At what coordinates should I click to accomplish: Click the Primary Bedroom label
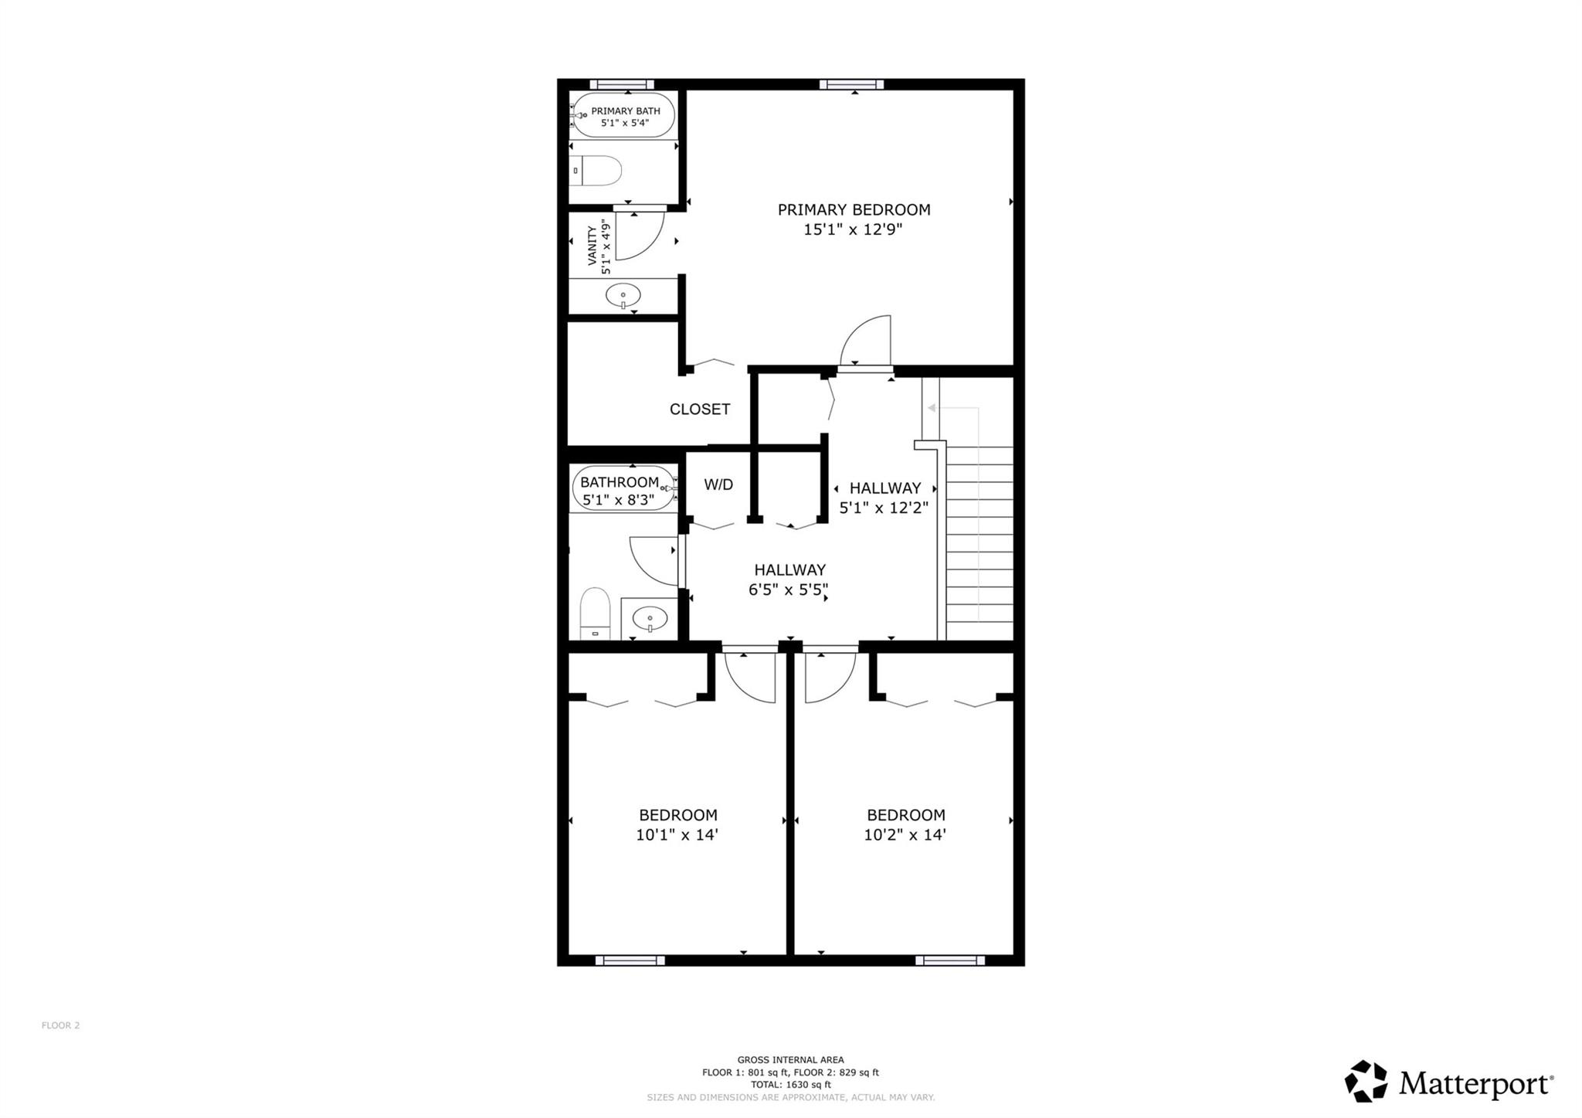pos(854,209)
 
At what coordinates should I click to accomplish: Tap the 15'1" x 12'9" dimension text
pos(853,229)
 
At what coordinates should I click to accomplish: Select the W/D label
pos(718,484)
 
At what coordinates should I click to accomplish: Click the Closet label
pos(699,409)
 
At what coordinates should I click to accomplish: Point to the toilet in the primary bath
pos(596,171)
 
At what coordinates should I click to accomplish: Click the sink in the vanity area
pos(623,295)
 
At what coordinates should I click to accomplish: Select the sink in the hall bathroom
pos(650,618)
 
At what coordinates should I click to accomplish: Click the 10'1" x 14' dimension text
pos(677,834)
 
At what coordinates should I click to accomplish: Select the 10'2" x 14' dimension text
pos(905,834)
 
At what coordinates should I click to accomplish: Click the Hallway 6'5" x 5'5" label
pos(789,579)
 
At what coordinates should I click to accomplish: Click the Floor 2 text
pos(61,1025)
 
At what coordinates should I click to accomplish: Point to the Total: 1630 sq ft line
pos(790,1085)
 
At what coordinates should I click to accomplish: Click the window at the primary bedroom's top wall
pos(851,84)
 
